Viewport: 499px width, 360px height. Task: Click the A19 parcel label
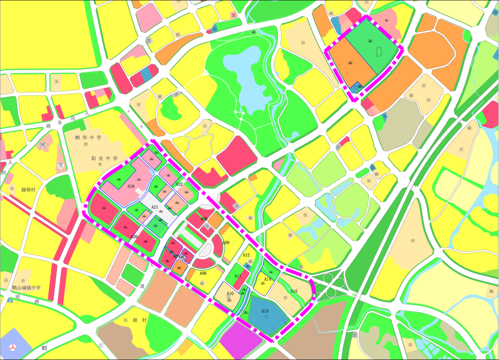pyautogui.click(x=131, y=186)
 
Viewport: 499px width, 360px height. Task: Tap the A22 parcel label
pyautogui.click(x=179, y=184)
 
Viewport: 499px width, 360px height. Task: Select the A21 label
pyautogui.click(x=155, y=207)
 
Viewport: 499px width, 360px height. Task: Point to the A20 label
pyautogui.click(x=134, y=237)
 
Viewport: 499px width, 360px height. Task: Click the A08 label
pyautogui.click(x=204, y=219)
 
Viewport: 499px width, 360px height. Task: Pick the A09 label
pyautogui.click(x=226, y=243)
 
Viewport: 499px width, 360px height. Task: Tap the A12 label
pyautogui.click(x=246, y=255)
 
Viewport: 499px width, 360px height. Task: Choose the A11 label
pyautogui.click(x=238, y=276)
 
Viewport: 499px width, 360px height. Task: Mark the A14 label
pyautogui.click(x=267, y=279)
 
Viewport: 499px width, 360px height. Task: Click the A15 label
pyautogui.click(x=294, y=291)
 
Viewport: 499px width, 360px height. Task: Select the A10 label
pyautogui.click(x=230, y=293)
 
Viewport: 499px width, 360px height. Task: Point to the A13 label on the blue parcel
pyautogui.click(x=265, y=311)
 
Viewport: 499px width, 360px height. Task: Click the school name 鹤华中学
pyautogui.click(x=88, y=137)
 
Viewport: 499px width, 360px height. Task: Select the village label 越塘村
pyautogui.click(x=28, y=190)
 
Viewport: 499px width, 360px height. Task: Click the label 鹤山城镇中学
pyautogui.click(x=26, y=288)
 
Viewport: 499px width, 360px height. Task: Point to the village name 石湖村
pyautogui.click(x=136, y=320)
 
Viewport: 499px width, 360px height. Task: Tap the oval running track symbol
pyautogui.click(x=379, y=52)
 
